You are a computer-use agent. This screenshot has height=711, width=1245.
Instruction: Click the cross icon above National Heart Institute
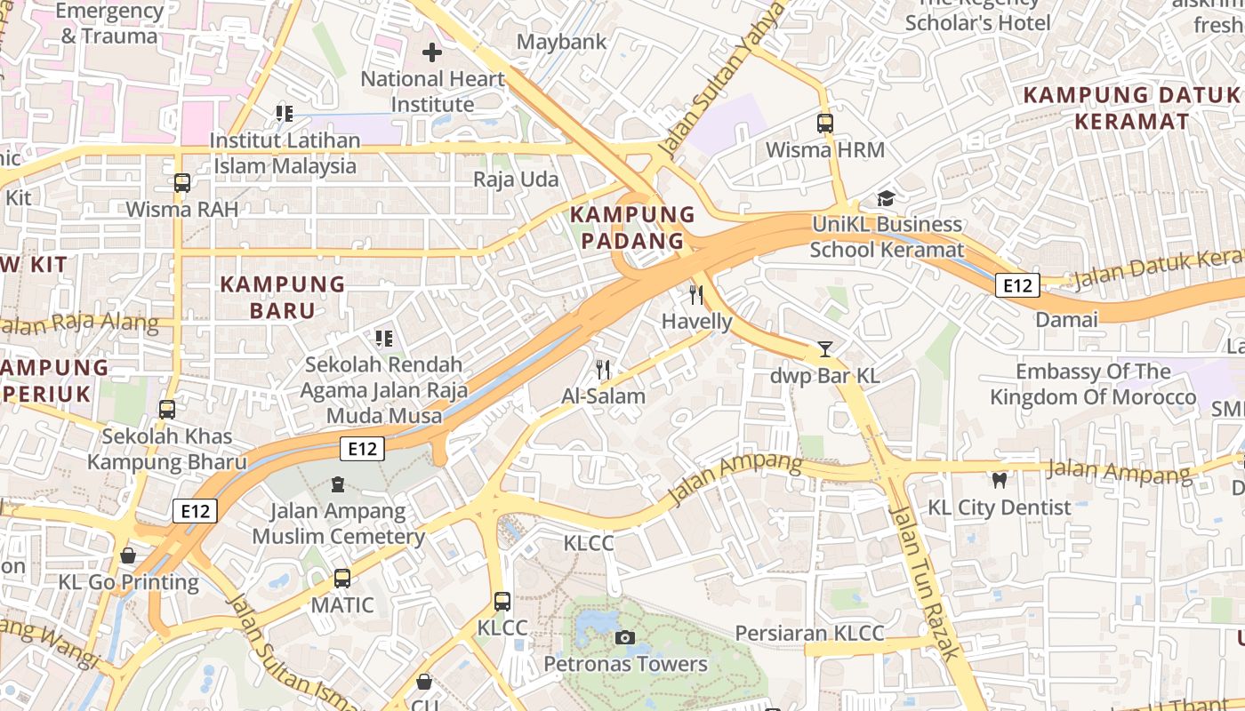coord(432,52)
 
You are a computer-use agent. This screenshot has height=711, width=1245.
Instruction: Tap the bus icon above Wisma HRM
coord(825,124)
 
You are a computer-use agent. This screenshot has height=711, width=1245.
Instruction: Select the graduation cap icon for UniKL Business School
coord(886,198)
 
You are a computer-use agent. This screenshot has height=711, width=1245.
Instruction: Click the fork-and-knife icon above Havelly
coord(696,295)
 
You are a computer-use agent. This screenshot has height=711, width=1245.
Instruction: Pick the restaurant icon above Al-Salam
coord(604,369)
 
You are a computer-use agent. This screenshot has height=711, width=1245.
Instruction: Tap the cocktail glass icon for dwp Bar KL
coord(825,349)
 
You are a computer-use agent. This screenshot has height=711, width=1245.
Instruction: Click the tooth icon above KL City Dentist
coord(1000,481)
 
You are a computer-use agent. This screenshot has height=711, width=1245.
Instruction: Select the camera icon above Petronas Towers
coord(625,637)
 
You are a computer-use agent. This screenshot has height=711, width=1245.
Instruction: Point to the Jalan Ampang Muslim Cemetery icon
coord(338,484)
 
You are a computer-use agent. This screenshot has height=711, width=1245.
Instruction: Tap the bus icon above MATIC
coord(342,579)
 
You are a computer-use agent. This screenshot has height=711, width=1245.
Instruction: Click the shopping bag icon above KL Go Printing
coord(129,555)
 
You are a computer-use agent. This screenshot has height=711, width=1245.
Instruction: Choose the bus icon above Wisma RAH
coord(182,183)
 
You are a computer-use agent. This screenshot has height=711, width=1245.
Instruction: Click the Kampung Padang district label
coord(632,228)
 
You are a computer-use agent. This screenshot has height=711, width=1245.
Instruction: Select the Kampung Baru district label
coord(282,297)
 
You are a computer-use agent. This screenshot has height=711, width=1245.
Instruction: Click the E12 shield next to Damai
coord(1016,285)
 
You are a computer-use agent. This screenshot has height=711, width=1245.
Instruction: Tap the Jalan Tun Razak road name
coord(925,582)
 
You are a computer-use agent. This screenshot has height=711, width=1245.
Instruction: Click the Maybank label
coord(561,42)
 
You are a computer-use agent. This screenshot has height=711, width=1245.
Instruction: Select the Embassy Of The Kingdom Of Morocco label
coord(1093,384)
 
